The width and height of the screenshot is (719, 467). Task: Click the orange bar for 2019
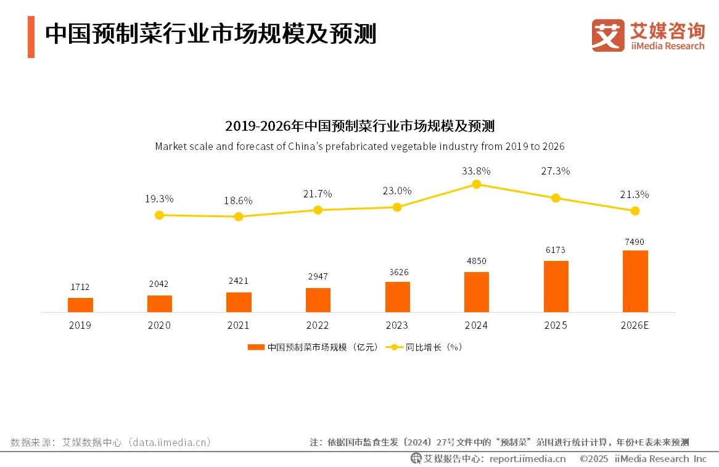(80, 305)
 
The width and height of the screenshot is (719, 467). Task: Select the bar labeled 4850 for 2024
(476, 292)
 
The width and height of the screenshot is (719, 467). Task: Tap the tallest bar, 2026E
(635, 281)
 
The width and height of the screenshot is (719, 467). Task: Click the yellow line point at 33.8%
(476, 184)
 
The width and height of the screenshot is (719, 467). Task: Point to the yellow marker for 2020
(159, 215)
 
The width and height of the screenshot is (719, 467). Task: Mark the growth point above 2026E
(635, 210)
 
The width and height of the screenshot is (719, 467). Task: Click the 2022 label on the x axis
(318, 325)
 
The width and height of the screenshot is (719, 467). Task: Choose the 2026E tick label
(635, 325)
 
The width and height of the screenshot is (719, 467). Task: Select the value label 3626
(397, 272)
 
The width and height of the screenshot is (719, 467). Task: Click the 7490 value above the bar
(635, 242)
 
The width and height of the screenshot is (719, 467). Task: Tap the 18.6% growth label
(239, 200)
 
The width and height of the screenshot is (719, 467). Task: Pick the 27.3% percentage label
(556, 171)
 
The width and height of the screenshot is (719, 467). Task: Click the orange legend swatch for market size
(255, 347)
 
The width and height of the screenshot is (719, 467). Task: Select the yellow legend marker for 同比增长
(394, 347)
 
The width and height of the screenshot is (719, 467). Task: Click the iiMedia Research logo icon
(607, 35)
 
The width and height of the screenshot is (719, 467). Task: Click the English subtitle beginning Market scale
(359, 147)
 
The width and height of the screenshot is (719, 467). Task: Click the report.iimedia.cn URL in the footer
(527, 458)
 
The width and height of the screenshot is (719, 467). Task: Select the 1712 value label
(80, 287)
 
